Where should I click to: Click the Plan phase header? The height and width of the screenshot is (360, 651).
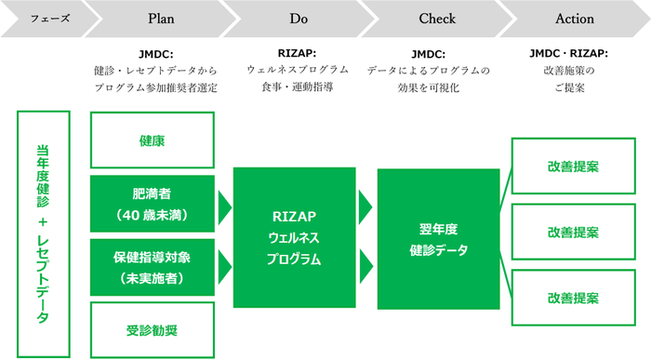point(160,19)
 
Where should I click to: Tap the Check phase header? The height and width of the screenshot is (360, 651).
point(437,19)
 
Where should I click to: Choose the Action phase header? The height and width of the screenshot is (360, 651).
point(574,19)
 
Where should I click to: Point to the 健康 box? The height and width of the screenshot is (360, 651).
point(152,140)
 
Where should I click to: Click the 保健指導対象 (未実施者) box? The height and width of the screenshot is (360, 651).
point(152,266)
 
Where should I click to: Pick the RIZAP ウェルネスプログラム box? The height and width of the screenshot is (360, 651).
point(295,238)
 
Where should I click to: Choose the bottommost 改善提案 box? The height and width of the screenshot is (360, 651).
point(573,298)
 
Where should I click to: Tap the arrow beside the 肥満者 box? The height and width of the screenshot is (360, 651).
point(223,204)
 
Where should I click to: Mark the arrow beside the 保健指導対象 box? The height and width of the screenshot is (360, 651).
point(223,267)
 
